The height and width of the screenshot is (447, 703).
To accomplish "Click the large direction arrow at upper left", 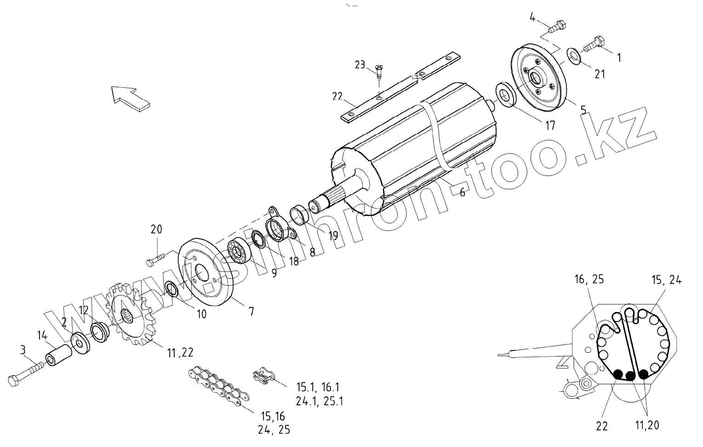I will [x=130, y=97].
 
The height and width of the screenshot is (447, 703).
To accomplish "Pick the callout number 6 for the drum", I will [x=462, y=192].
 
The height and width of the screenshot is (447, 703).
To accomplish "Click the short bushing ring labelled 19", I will [x=300, y=215].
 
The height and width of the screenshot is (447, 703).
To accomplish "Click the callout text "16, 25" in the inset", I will [x=589, y=279].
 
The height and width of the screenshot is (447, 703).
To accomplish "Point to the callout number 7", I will [x=251, y=311].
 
